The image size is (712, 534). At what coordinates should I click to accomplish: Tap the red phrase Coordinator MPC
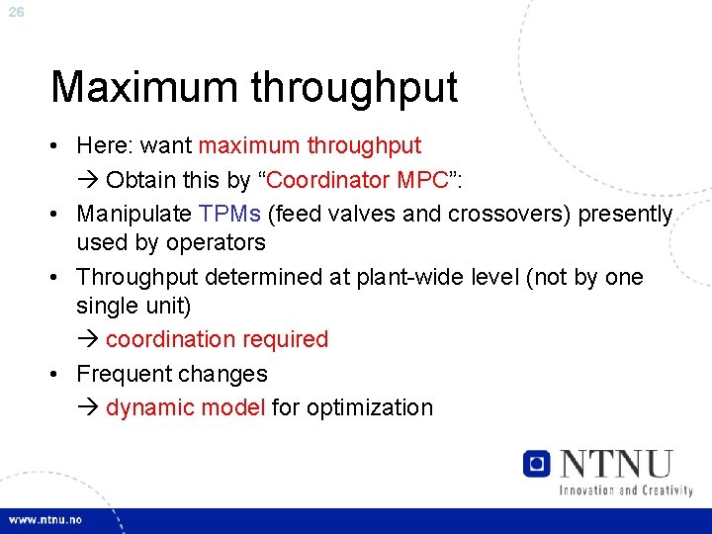(350, 181)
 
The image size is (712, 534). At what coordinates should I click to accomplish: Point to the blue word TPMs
(229, 215)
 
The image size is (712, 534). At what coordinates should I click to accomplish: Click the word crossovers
(509, 215)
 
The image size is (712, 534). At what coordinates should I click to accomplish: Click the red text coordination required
(217, 339)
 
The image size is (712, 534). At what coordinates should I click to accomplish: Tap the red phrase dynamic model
(185, 407)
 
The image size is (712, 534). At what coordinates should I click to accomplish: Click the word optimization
(370, 407)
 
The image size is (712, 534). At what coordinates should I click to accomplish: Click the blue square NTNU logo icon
(537, 464)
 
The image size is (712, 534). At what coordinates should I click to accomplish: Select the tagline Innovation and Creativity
(625, 489)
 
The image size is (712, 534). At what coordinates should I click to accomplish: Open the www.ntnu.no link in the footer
(46, 519)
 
